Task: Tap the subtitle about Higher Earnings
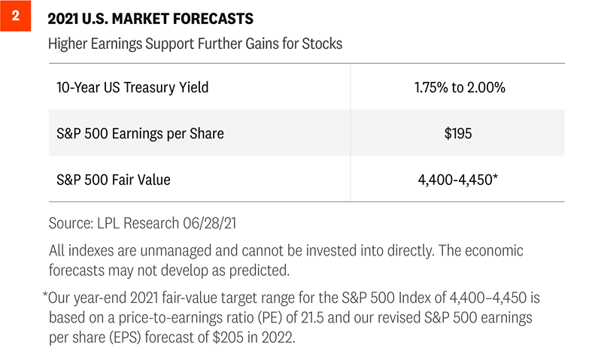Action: pyautogui.click(x=195, y=44)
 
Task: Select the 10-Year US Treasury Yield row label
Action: pyautogui.click(x=132, y=88)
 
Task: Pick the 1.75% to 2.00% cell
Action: pyautogui.click(x=459, y=88)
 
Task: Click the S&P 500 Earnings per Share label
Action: pyautogui.click(x=140, y=134)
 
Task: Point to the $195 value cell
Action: pyautogui.click(x=459, y=134)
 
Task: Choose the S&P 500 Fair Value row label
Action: pyautogui.click(x=114, y=180)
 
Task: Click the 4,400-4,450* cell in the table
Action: pyautogui.click(x=459, y=180)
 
